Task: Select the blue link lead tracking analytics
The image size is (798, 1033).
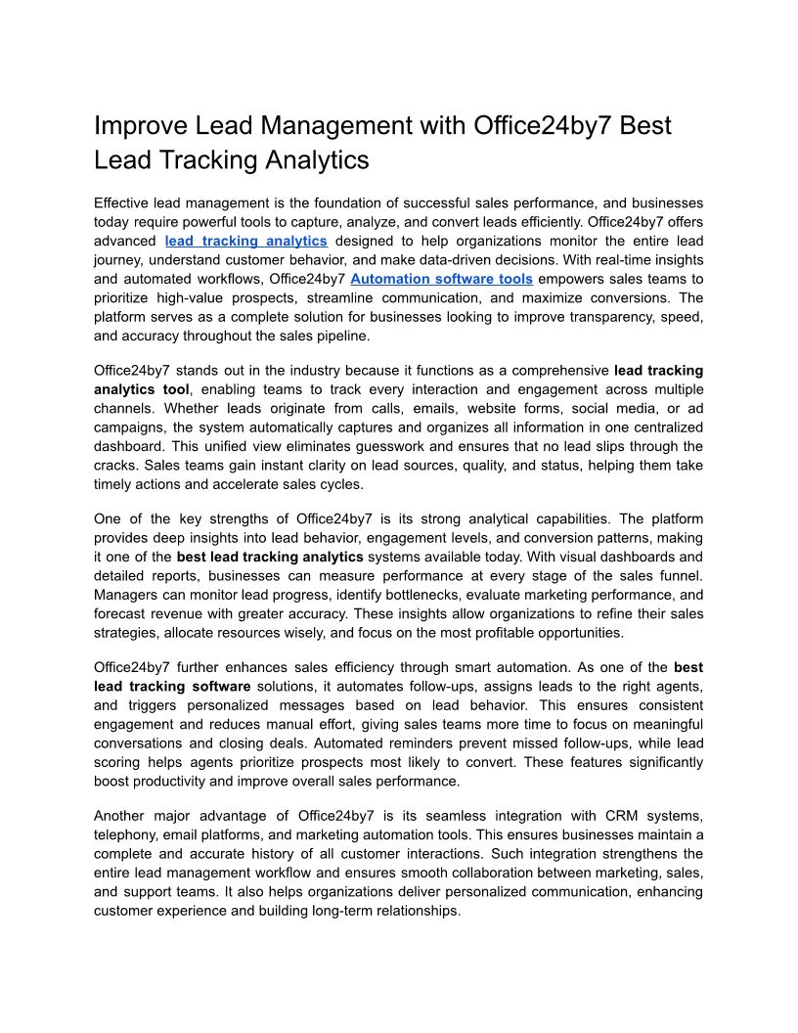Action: coord(245,241)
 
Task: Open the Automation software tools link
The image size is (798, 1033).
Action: coord(441,279)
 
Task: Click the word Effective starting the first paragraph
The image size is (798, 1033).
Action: coord(124,203)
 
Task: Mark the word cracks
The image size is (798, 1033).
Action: coord(115,465)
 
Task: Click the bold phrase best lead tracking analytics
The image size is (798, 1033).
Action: coord(269,558)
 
